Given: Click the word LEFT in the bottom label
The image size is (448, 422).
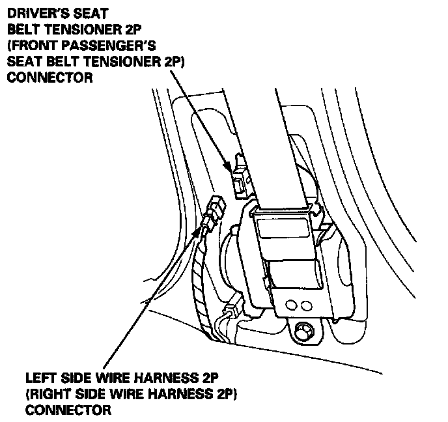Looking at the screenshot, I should click(x=40, y=378).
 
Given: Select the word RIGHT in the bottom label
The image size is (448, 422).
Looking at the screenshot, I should click(x=47, y=395).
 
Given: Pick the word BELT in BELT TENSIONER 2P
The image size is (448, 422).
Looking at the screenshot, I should click(x=24, y=29).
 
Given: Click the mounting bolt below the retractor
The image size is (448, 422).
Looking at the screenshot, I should click(x=302, y=331).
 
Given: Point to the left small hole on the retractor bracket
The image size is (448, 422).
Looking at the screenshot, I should click(x=290, y=303).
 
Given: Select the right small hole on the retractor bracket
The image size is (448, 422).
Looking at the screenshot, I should click(x=303, y=304).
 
